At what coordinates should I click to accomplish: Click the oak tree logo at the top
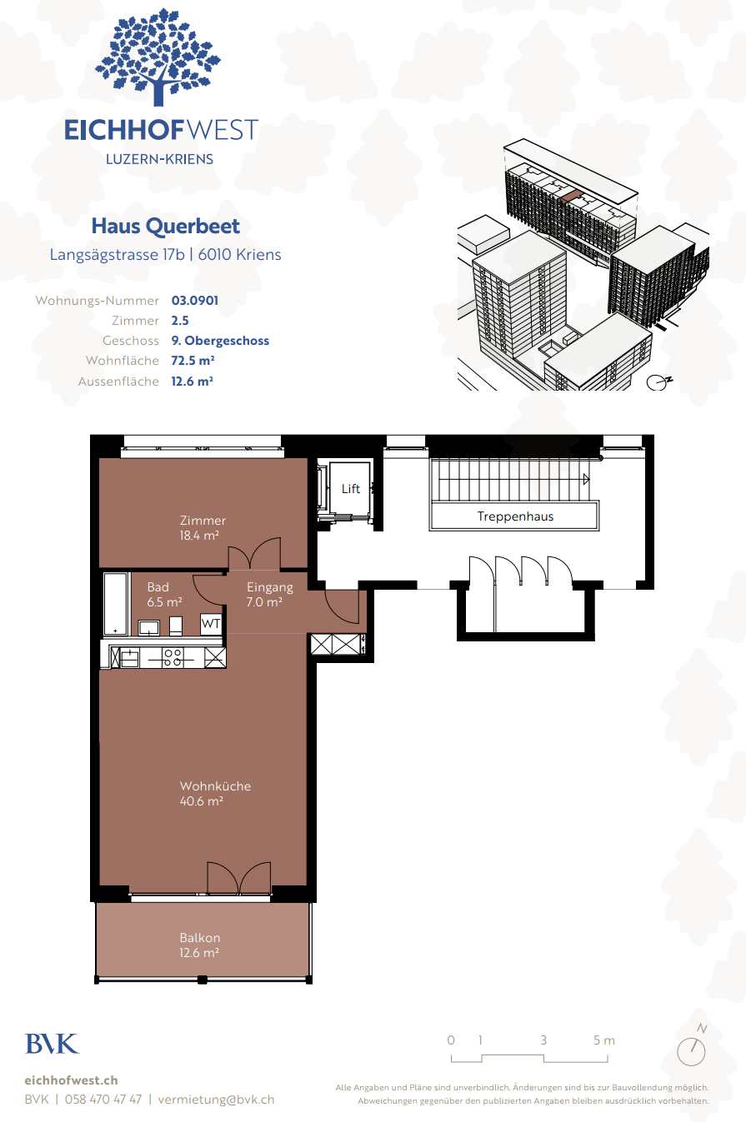click(x=158, y=57)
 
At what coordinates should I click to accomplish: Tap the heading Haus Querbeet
click(x=165, y=227)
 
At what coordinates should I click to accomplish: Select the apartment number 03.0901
click(x=195, y=301)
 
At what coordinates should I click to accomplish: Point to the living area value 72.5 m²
click(x=193, y=361)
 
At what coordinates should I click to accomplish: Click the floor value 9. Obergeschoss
click(x=220, y=341)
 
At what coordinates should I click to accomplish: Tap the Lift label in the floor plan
click(x=350, y=489)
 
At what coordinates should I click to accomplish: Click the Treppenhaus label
click(x=515, y=516)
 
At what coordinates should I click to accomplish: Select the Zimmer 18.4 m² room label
click(x=203, y=528)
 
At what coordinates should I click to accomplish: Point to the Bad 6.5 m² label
click(x=164, y=595)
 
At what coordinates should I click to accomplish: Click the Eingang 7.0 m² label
click(x=270, y=595)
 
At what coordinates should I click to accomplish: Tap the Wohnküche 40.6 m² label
click(x=215, y=794)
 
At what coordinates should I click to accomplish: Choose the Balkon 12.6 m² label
click(x=199, y=945)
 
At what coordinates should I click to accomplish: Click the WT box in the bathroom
click(x=211, y=624)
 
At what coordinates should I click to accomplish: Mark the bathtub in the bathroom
click(x=116, y=604)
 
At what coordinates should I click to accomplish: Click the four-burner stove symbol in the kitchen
click(x=173, y=657)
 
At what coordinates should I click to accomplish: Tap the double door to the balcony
click(x=239, y=878)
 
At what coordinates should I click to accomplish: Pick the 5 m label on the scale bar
click(x=604, y=1040)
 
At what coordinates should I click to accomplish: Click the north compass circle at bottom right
click(x=691, y=1051)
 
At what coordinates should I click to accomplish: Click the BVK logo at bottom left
click(x=53, y=1044)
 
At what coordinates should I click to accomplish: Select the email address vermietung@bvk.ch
click(x=216, y=1100)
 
